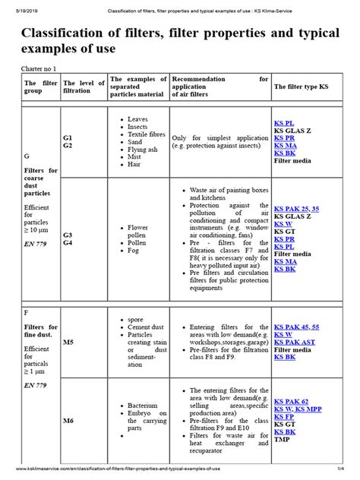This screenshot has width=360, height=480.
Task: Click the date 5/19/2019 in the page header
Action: [21, 5]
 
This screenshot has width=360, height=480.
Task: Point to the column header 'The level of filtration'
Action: [83, 87]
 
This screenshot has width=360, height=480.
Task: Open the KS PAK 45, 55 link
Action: [302, 326]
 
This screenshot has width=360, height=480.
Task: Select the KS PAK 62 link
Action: [291, 402]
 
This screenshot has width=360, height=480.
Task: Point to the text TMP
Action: [283, 440]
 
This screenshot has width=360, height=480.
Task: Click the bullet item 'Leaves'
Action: [138, 119]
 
